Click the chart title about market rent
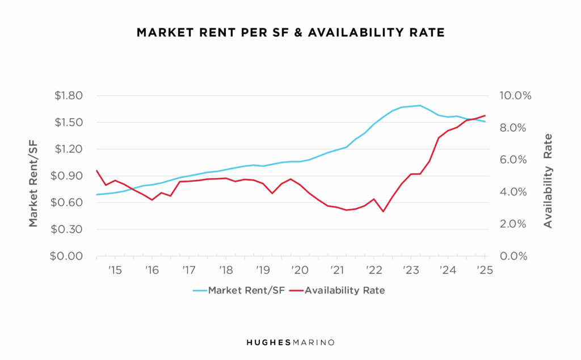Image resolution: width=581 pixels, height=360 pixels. coord(290,33)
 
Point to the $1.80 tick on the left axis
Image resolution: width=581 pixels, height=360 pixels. coord(69,95)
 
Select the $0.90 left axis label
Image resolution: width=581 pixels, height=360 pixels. coord(69,176)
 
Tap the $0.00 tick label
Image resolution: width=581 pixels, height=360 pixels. coord(69,256)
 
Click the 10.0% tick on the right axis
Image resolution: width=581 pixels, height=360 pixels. coord(514,95)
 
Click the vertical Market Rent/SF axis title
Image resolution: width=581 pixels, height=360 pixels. coord(33,176)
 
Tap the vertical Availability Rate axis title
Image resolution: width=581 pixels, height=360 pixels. coord(548,181)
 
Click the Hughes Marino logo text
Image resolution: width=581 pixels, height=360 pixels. coord(290,342)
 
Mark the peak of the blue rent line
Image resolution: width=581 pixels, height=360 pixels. coord(420,105)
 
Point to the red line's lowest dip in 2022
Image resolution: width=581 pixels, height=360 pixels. coord(384,212)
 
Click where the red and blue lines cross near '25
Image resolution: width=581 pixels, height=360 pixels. coord(472,119)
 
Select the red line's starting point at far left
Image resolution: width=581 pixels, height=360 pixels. coord(97,170)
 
